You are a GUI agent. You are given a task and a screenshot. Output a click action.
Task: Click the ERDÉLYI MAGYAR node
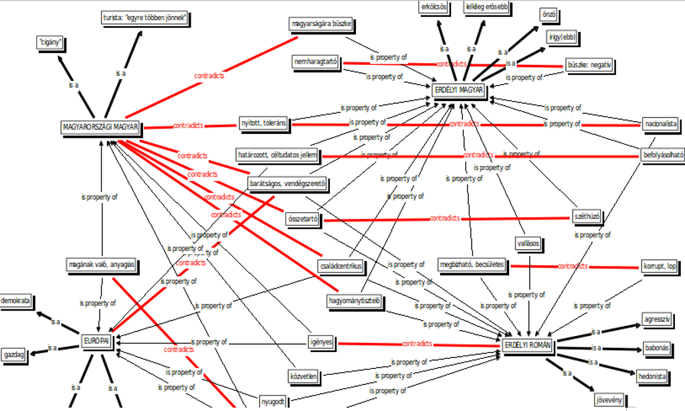coord(458,90)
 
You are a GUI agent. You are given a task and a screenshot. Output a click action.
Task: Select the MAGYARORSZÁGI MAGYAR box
coord(100,127)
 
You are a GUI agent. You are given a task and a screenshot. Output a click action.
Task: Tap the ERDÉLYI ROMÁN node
coord(528,345)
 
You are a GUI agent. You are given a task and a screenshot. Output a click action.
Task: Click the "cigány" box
coord(51,44)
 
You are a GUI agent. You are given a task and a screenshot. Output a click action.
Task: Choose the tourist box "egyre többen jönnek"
coord(144,17)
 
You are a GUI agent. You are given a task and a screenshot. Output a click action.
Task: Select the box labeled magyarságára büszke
coord(320,25)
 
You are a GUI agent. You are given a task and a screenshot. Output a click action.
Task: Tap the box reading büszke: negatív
coord(589,66)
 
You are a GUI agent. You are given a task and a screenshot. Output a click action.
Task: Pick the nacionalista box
coord(660,124)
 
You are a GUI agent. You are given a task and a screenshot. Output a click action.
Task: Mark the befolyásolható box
coord(663,154)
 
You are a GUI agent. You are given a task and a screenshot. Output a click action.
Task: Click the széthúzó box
coord(587,216)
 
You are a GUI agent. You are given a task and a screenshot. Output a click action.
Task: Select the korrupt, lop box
coord(660,266)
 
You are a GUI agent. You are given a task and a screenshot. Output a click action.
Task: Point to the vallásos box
coord(528,242)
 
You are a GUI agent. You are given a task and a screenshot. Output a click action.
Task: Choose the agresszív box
coord(656,319)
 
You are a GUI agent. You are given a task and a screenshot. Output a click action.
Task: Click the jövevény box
coord(609,400)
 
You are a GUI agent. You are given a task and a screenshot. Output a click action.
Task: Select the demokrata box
coord(16,301)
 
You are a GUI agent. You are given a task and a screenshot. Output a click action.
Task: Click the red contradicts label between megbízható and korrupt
coord(573,266)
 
